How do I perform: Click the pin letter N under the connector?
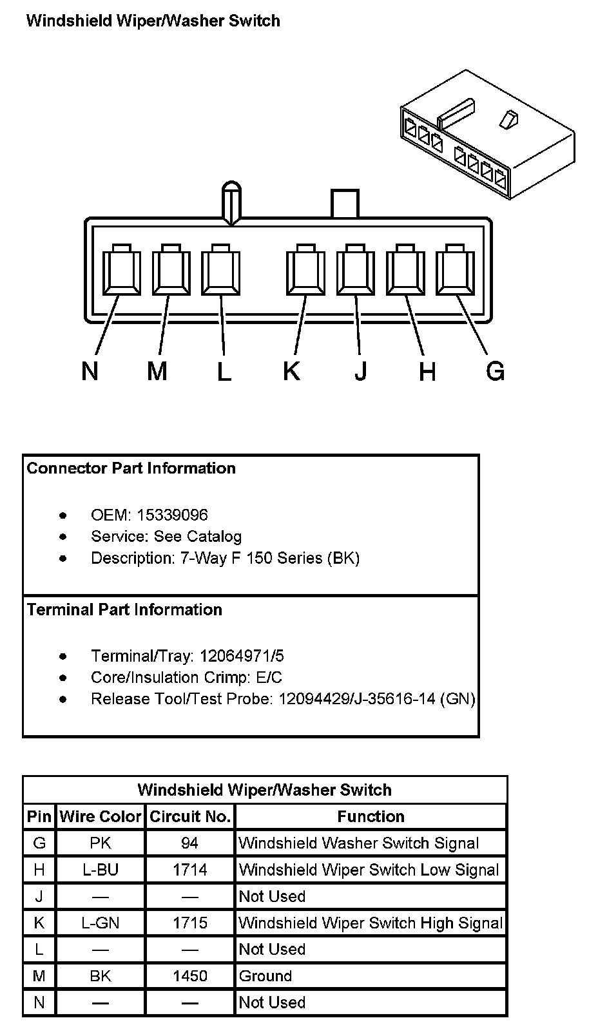(90, 371)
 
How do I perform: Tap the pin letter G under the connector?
(495, 371)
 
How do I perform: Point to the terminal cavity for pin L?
(221, 271)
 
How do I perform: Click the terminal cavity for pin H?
(405, 271)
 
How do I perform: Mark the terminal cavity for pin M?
(171, 271)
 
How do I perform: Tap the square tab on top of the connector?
(345, 204)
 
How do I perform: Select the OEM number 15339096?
(172, 515)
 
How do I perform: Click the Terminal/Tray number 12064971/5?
(242, 656)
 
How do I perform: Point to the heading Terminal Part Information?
(124, 609)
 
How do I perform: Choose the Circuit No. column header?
(190, 816)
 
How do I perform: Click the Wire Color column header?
(101, 816)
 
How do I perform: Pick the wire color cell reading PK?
(101, 843)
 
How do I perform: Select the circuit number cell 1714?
(190, 870)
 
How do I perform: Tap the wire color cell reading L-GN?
(101, 923)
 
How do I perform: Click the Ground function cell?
(265, 976)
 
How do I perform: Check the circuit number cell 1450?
(190, 976)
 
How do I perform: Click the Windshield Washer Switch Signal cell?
(358, 843)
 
